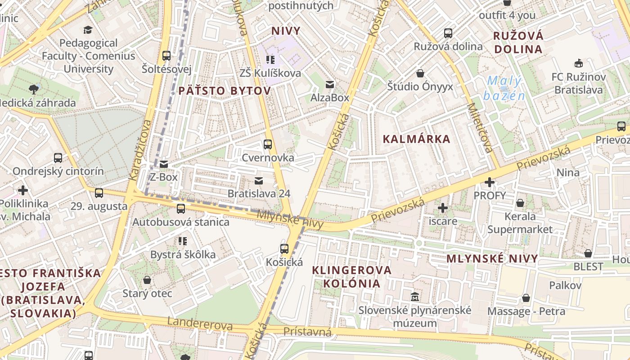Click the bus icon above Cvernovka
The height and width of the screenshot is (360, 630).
pos(268,144)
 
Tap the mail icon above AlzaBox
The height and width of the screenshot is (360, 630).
pos(330,84)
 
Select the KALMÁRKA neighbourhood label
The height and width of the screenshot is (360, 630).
pos(416,139)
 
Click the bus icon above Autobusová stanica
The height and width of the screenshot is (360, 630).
pos(181,208)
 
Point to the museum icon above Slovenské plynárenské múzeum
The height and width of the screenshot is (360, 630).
pos(415,297)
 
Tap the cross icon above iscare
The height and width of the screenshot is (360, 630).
pos(443,207)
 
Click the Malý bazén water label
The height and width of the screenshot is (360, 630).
pos(504,88)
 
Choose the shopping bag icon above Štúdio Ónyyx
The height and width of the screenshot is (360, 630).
pos(420,73)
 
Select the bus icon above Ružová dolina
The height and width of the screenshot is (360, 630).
pos(448,33)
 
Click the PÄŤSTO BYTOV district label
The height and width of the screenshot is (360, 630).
pos(225,91)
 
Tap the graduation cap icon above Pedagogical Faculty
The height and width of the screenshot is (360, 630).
pos(88,30)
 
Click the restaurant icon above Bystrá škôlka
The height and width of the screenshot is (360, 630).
pos(182,241)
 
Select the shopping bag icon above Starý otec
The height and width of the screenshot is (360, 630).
pos(147,280)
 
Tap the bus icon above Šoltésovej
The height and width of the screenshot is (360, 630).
pos(166,56)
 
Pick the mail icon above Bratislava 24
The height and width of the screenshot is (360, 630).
pos(259,180)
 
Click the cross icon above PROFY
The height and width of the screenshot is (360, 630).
pos(490,182)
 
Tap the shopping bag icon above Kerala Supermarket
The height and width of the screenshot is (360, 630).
pos(520,203)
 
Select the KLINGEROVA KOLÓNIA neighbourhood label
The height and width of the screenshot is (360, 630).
pos(352,277)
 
